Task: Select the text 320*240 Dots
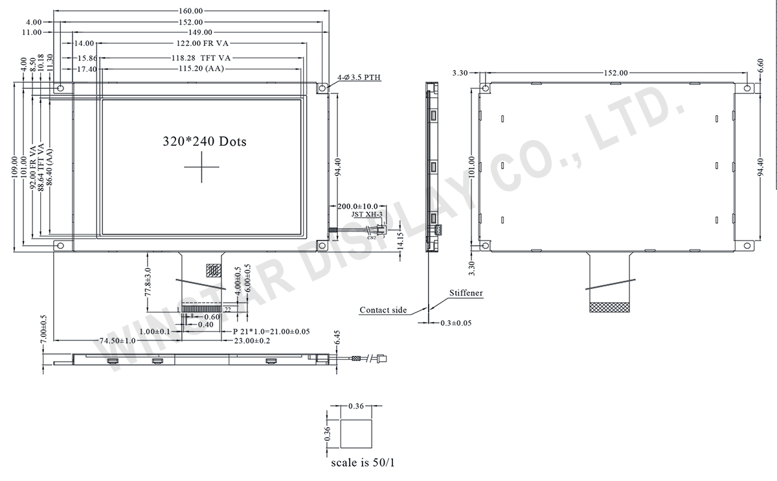click(x=204, y=141)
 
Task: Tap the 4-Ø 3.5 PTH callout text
click(x=359, y=78)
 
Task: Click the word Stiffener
click(x=466, y=293)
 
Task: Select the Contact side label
click(x=383, y=310)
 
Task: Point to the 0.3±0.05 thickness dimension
click(x=456, y=322)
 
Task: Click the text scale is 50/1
click(x=358, y=463)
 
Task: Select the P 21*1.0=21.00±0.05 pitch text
click(x=271, y=331)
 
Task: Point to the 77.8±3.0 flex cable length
click(x=148, y=282)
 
